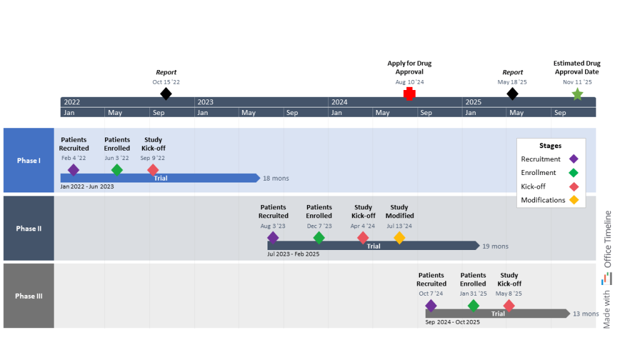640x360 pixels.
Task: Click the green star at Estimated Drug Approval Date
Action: [577, 94]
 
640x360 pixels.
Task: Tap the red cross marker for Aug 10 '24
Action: [409, 94]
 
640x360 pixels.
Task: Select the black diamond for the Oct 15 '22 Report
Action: [166, 94]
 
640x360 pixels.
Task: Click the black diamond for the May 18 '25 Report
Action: [512, 94]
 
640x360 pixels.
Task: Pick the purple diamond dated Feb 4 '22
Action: [73, 170]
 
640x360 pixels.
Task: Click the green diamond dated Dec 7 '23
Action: [319, 237]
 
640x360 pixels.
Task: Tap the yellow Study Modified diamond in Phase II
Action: [399, 237]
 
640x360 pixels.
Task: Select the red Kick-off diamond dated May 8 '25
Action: [509, 306]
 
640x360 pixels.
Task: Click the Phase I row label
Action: [29, 161]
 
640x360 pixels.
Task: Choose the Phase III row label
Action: [29, 296]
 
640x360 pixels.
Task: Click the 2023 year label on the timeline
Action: [205, 102]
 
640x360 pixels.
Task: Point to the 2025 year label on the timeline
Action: [473, 102]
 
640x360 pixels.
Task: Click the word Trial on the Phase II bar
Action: [373, 246]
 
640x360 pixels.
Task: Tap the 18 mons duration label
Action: [276, 179]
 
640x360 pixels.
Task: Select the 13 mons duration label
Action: [586, 314]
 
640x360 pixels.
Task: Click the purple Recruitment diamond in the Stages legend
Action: [574, 159]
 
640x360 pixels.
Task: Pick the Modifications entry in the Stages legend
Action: [542, 201]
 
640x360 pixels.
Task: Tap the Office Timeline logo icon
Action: [607, 279]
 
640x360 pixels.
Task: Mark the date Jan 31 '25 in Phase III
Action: [473, 294]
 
